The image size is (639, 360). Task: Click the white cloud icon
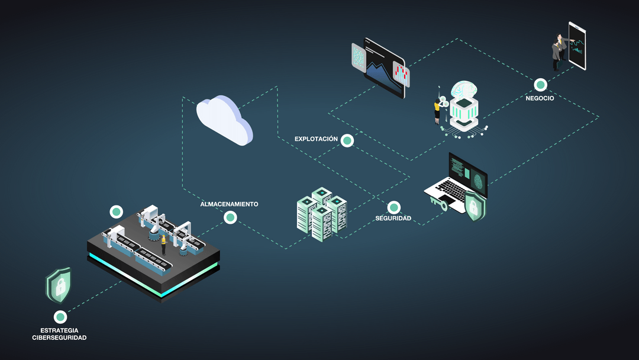click(x=224, y=120)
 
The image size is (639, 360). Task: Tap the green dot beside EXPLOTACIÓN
click(x=347, y=141)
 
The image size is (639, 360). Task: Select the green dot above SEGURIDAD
click(x=393, y=207)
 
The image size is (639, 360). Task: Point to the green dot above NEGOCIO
click(x=540, y=85)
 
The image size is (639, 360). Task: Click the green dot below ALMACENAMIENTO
click(x=230, y=218)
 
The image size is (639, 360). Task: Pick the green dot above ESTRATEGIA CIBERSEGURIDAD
click(x=60, y=317)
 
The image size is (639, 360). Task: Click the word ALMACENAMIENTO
click(x=229, y=204)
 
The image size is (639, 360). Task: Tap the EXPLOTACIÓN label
click(x=316, y=139)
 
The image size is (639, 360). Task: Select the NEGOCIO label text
click(x=540, y=98)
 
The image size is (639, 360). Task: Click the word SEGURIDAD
click(x=393, y=218)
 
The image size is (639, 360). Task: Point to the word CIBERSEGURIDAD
click(x=59, y=337)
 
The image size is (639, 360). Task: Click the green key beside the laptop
click(x=438, y=202)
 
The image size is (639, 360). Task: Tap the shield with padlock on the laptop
click(x=475, y=205)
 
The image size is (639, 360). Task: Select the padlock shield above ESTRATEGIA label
click(x=58, y=285)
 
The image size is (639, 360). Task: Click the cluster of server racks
click(x=322, y=214)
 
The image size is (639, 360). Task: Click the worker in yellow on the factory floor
click(x=163, y=244)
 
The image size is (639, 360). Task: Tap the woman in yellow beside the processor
click(x=437, y=111)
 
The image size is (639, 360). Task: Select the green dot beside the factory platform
click(x=116, y=212)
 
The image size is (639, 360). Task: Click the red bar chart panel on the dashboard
click(x=401, y=74)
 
